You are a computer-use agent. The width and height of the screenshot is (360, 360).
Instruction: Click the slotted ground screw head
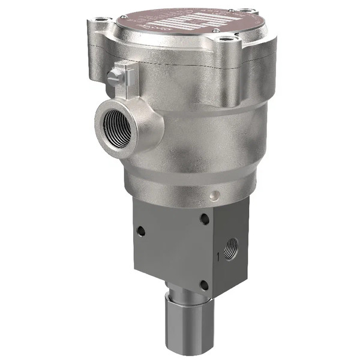tap(113, 76)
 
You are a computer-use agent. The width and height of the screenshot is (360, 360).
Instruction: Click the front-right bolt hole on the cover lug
tap(226, 40)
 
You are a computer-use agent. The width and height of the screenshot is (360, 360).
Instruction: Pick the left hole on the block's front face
tap(141, 230)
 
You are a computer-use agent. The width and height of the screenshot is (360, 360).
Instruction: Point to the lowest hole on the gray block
tap(204, 285)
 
